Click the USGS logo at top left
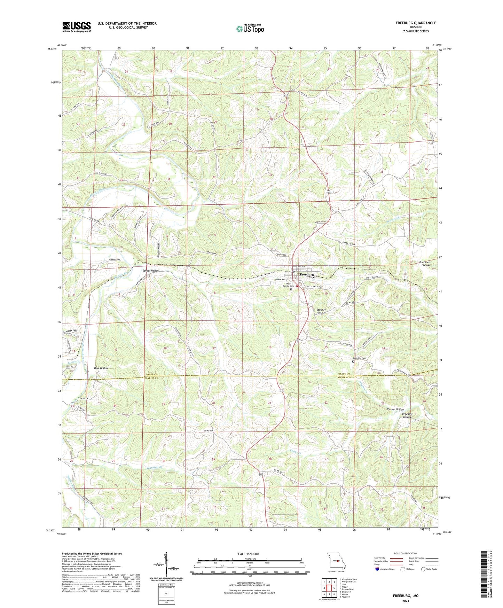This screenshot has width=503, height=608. (x=76, y=27)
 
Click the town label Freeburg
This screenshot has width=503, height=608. (x=307, y=274)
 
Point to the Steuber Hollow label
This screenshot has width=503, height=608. (x=320, y=311)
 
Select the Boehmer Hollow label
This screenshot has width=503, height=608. (x=424, y=263)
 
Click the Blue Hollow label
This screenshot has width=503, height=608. (x=101, y=368)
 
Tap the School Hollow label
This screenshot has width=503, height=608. (x=151, y=271)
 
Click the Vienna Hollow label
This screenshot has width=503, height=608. (x=395, y=410)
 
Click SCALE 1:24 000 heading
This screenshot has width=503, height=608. (x=249, y=554)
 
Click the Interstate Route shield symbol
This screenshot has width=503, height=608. (x=378, y=569)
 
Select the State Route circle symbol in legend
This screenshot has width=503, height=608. (x=423, y=569)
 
